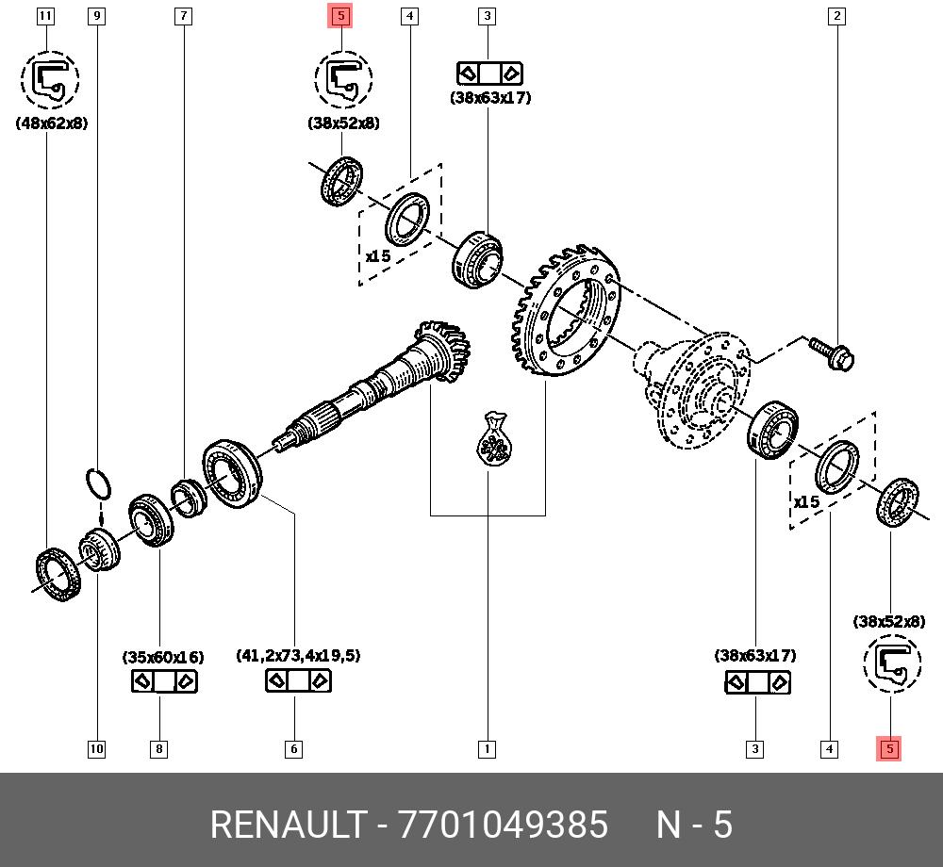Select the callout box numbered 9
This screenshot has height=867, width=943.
click(x=95, y=16)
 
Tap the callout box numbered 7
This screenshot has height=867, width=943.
click(x=183, y=16)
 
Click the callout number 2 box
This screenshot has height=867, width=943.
click(x=836, y=16)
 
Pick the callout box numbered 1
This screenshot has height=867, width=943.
click(x=487, y=749)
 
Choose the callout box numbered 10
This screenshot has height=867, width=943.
click(x=96, y=749)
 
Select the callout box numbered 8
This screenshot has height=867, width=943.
click(x=159, y=749)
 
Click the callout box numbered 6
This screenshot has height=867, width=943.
click(x=294, y=749)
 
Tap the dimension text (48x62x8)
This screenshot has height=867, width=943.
click(x=52, y=123)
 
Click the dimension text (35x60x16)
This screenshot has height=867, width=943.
click(x=162, y=656)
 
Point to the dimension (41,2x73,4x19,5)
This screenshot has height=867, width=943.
click(x=298, y=656)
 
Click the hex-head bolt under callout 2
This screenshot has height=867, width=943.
click(x=831, y=353)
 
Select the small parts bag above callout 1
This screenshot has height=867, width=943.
click(x=494, y=439)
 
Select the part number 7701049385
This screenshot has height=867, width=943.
click(x=504, y=825)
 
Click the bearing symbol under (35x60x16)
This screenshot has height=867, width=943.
click(x=163, y=680)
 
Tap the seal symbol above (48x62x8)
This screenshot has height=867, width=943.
click(x=50, y=80)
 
